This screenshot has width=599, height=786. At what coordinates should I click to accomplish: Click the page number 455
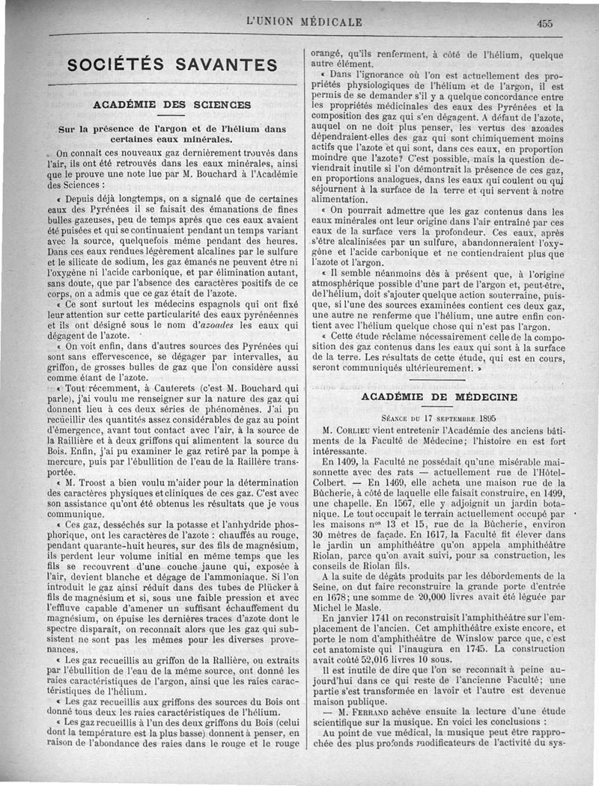pos(544,23)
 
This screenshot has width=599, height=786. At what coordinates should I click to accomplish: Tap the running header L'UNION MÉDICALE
pos(304,22)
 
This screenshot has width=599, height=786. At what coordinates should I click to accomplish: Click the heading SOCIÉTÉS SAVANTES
pos(172,65)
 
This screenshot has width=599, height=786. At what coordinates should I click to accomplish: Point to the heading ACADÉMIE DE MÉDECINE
pos(439,397)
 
